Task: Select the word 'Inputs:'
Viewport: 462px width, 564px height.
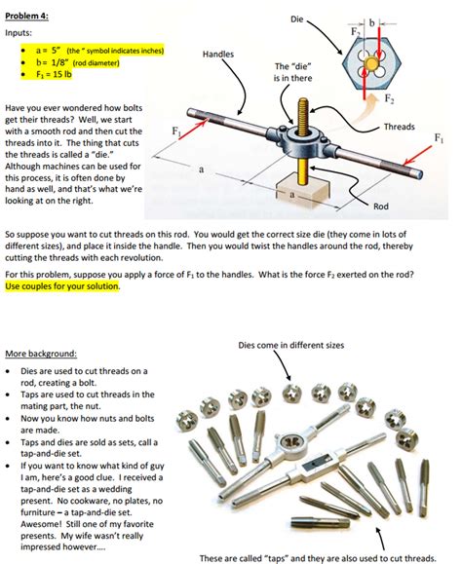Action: coord(21,32)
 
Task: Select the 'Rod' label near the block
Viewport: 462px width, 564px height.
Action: coord(383,206)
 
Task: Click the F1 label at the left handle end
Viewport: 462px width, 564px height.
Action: coord(175,130)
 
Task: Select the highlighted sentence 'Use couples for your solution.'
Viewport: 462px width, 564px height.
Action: coord(62,287)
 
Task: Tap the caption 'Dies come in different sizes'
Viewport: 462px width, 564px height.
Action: coord(289,344)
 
